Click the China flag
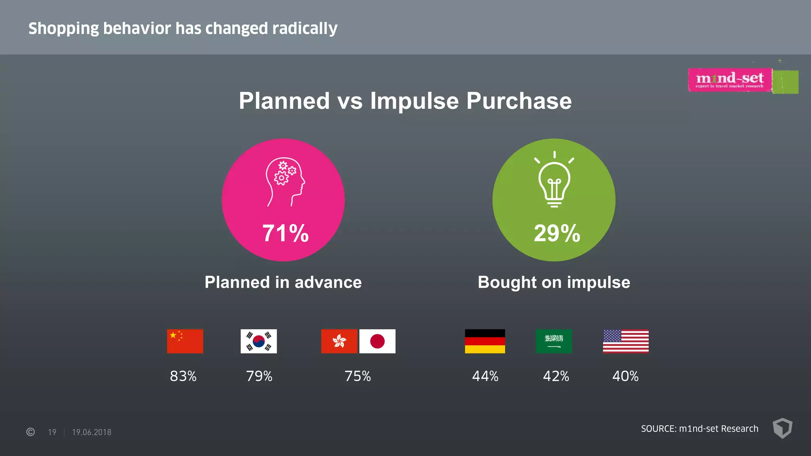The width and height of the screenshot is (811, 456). click(x=185, y=341)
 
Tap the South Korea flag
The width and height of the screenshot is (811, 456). click(x=259, y=341)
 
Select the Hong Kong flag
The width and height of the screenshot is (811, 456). click(x=339, y=341)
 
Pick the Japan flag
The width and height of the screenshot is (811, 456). click(x=377, y=341)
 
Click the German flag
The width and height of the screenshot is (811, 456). click(x=485, y=341)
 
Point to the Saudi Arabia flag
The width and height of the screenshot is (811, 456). click(x=554, y=341)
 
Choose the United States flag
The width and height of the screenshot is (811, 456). click(x=626, y=341)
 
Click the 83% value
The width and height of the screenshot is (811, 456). click(x=183, y=376)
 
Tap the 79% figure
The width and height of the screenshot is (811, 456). click(x=259, y=376)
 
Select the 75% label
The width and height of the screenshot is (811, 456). click(x=358, y=376)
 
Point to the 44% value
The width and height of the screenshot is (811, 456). click(x=485, y=376)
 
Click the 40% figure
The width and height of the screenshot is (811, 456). click(x=625, y=376)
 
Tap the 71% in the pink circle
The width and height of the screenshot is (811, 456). click(x=285, y=233)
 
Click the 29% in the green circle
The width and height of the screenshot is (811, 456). click(x=557, y=233)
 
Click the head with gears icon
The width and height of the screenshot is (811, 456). click(x=285, y=182)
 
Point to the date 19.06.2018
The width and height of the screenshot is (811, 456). click(x=91, y=432)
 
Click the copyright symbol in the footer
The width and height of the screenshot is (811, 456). click(x=30, y=432)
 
